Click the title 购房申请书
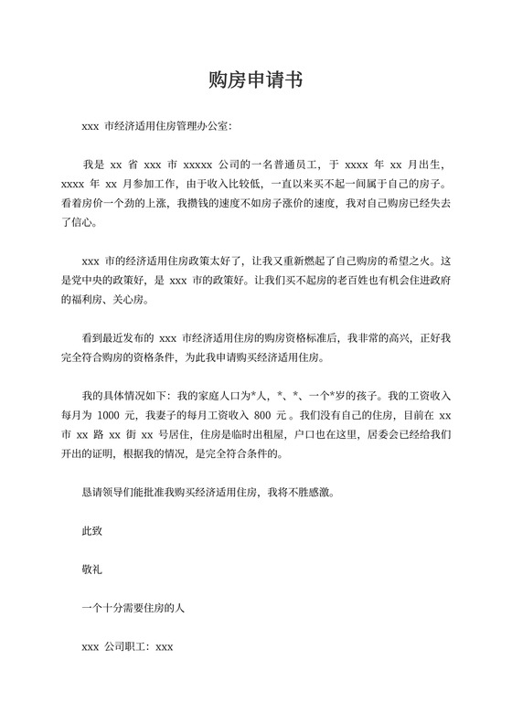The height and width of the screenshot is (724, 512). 255,80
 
